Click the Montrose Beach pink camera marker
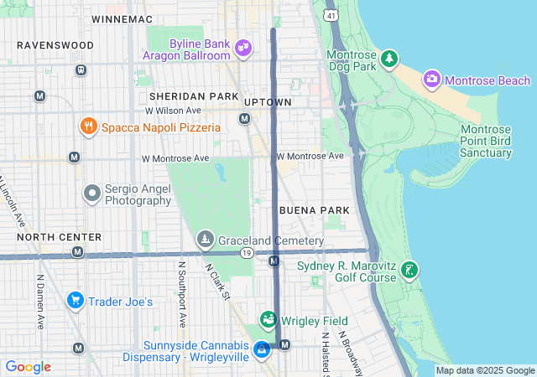(432, 80)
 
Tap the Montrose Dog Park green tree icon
(388, 59)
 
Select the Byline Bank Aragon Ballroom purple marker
(243, 48)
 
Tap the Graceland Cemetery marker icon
(205, 240)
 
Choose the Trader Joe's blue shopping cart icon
(75, 301)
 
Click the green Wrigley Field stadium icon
(268, 319)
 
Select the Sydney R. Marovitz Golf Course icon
(409, 271)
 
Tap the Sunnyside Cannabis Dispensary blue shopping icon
(262, 350)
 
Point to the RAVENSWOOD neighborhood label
(55, 44)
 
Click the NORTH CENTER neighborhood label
(59, 238)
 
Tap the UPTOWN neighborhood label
(268, 102)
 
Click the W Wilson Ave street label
(173, 111)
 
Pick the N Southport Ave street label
(180, 293)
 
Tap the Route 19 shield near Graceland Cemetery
(247, 252)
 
